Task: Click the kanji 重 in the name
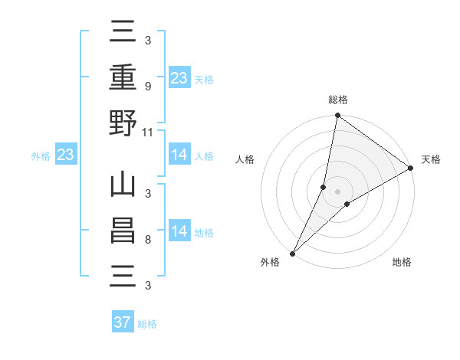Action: pos(123,77)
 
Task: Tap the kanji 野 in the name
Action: pos(123,123)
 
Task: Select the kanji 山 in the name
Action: pos(123,185)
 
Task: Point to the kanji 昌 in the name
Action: pos(123,231)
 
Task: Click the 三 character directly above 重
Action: pos(123,33)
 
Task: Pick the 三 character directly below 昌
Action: pos(123,277)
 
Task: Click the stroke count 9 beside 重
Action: pos(147,87)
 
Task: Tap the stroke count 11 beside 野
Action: pos(149,132)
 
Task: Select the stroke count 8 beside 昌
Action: pos(147,240)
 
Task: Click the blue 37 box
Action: pos(123,322)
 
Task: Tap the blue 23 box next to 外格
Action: pos(66,155)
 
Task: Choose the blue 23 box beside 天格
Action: pos(179,77)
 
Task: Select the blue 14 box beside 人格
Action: pos(179,155)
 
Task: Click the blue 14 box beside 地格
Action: pos(179,231)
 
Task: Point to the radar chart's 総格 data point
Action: pos(337,116)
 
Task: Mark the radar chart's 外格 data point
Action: pos(292,253)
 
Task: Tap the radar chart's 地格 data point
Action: pos(347,204)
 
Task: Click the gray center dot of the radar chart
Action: pos(337,191)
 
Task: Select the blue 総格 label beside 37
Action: pos(147,324)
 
